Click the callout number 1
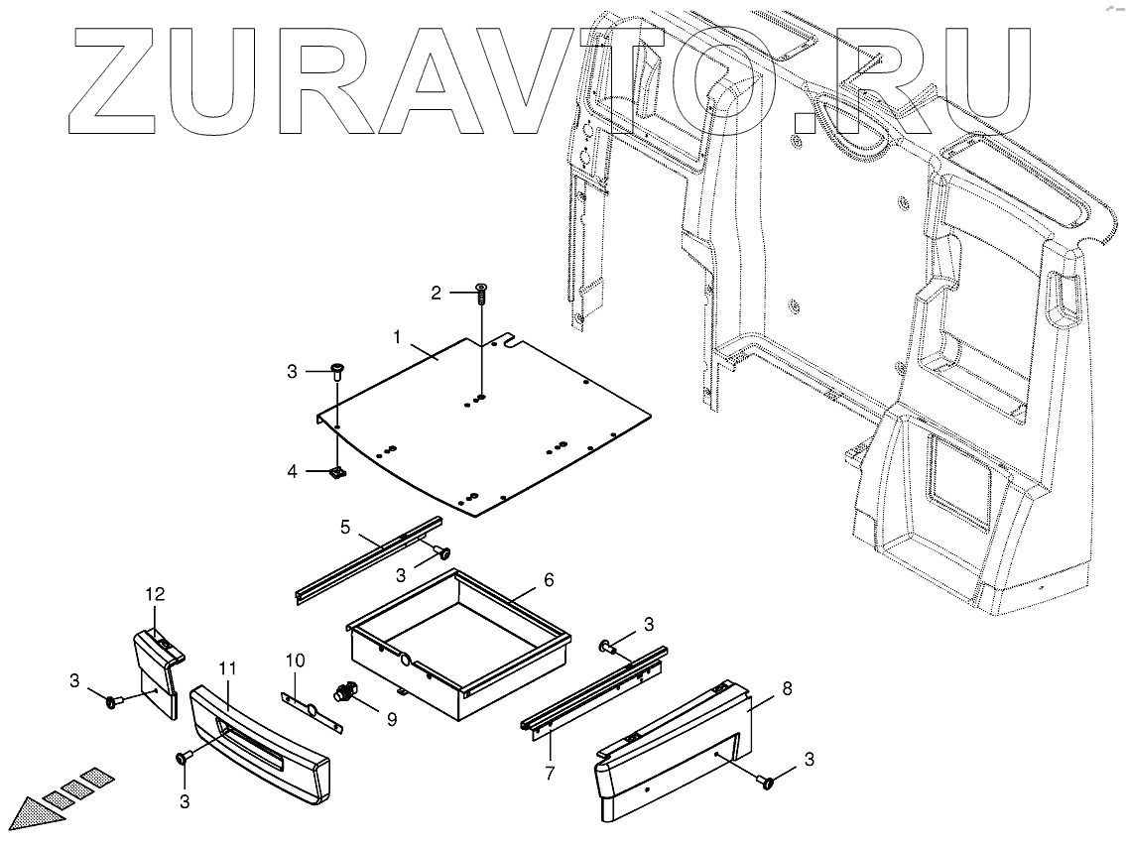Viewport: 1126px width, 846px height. click(x=396, y=337)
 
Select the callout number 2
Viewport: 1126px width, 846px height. click(x=435, y=293)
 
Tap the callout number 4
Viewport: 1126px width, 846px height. click(x=292, y=471)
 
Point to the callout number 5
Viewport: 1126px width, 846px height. click(x=345, y=528)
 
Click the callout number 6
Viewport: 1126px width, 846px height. click(x=548, y=579)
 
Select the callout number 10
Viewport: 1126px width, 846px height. click(x=297, y=660)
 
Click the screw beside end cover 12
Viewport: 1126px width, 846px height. click(x=111, y=702)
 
